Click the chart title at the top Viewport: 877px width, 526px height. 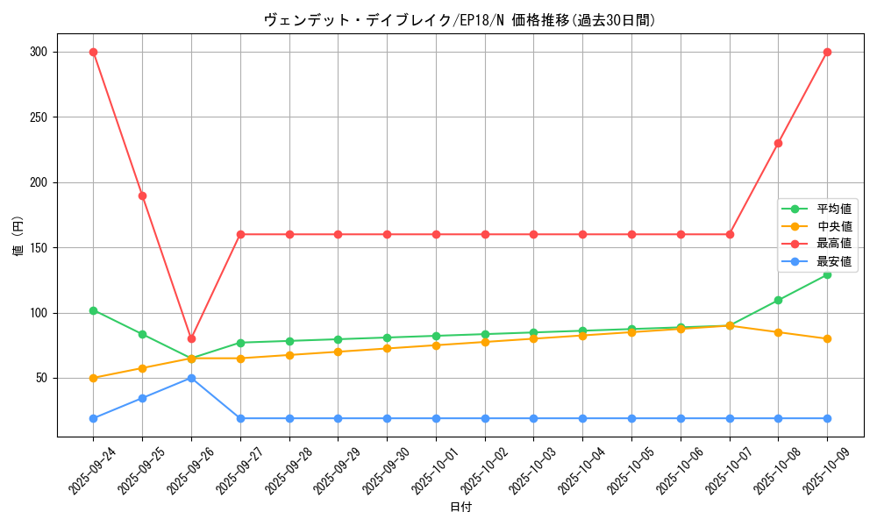click(460, 20)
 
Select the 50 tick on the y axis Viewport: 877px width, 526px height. click(40, 378)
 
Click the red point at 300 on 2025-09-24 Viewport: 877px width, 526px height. click(93, 52)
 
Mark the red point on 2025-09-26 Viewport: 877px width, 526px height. click(191, 338)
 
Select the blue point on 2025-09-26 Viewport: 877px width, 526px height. click(191, 378)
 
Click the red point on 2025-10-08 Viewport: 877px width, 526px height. click(778, 143)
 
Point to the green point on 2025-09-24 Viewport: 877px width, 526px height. click(93, 310)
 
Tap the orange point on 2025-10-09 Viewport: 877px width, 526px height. click(827, 338)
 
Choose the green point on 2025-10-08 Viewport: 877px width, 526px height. click(778, 300)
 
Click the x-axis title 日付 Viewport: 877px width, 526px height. click(460, 508)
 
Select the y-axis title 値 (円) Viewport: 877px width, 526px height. click(18, 235)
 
